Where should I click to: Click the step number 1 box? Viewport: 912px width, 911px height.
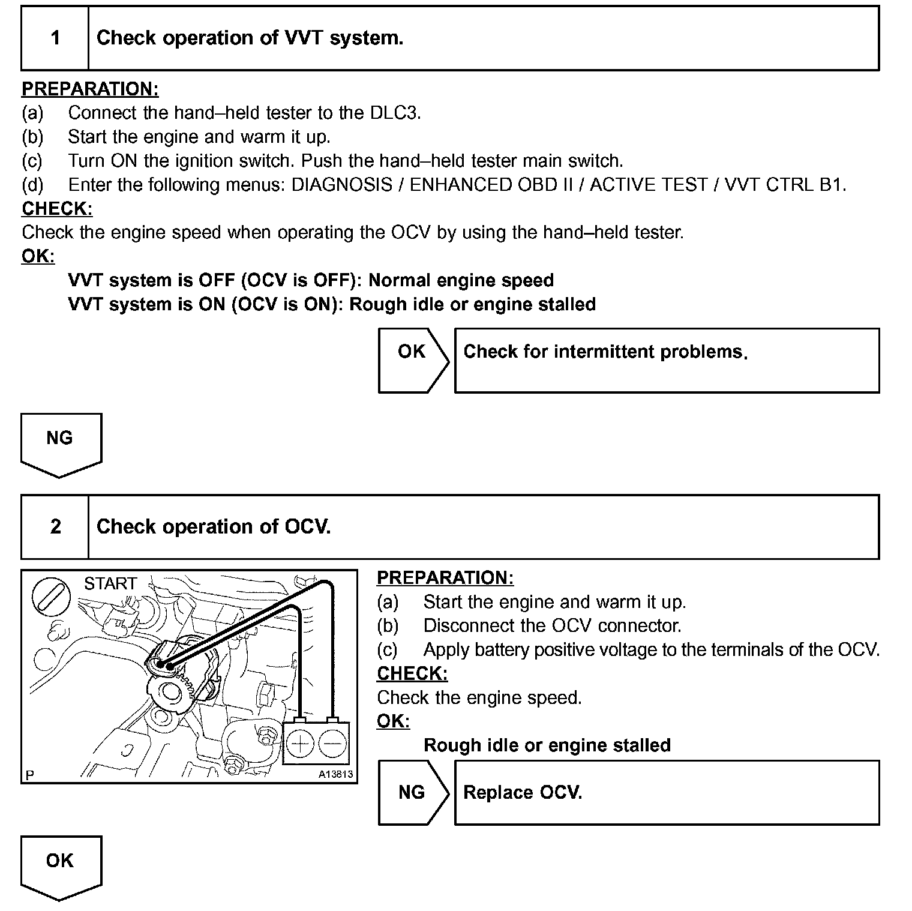tap(55, 38)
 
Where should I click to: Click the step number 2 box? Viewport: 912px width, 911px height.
tap(55, 527)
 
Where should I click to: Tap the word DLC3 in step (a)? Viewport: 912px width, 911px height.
tap(394, 113)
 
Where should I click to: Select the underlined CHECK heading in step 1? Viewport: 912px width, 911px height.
tap(57, 209)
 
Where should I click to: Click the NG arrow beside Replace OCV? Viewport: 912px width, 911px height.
tap(412, 792)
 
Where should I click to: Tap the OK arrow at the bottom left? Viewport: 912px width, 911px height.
tap(60, 865)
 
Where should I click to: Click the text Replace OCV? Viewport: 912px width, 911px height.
tap(523, 793)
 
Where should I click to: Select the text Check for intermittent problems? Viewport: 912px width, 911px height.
tap(605, 352)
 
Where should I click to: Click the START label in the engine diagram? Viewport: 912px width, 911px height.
tap(110, 584)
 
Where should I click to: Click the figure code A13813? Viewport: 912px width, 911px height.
tap(335, 774)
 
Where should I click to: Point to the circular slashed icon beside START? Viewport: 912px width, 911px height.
tap(50, 598)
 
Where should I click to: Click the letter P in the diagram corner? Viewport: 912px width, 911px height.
tap(30, 775)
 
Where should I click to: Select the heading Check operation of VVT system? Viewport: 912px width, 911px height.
tap(250, 38)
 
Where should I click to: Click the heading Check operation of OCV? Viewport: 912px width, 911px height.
tap(214, 527)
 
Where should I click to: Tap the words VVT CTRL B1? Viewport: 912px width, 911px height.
tap(785, 185)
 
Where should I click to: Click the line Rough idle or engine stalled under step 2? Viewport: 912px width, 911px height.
tap(547, 745)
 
